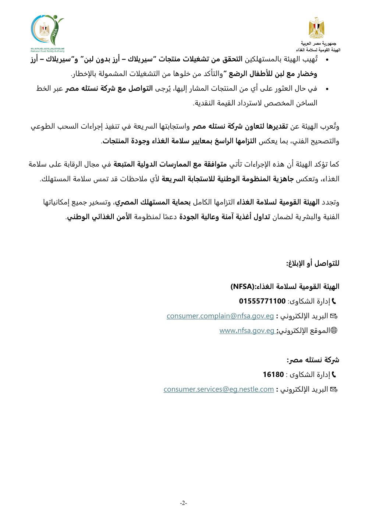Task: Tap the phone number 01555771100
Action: [262, 301]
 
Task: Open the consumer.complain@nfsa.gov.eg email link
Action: [220, 316]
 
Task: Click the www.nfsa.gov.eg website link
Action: [247, 331]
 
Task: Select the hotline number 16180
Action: [273, 375]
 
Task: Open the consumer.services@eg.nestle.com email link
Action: [219, 389]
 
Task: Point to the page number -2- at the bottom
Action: [184, 503]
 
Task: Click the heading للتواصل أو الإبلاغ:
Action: [313, 263]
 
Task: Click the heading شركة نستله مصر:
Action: [313, 360]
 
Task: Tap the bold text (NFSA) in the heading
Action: [242, 286]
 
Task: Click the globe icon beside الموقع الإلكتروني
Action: [334, 331]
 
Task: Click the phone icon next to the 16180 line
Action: [334, 375]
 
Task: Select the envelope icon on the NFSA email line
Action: [334, 316]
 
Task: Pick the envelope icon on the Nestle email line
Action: [334, 389]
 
